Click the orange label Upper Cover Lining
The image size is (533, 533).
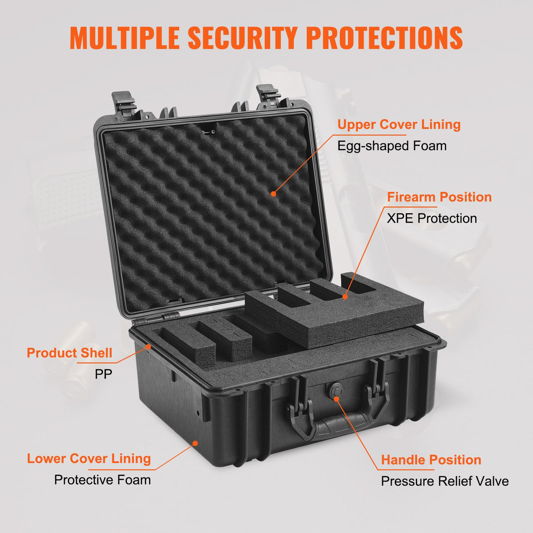399,125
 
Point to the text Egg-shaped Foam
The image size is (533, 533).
392,146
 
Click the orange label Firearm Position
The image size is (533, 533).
439,197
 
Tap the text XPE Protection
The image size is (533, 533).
432,218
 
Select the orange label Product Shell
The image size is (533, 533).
69,353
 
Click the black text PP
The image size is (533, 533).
104,374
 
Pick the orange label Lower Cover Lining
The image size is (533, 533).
89,459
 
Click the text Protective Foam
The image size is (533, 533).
102,480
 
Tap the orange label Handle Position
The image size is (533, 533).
431,460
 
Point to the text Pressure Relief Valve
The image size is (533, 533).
445,481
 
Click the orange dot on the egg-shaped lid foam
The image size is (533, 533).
273,193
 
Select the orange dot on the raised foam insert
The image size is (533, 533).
345,297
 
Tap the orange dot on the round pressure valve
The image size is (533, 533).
336,399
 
